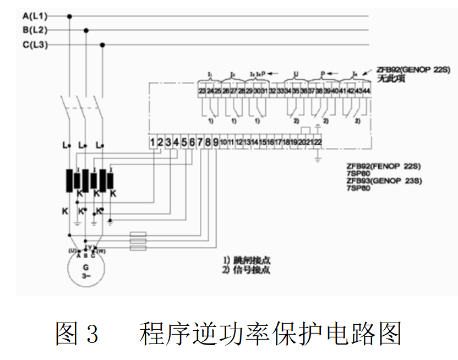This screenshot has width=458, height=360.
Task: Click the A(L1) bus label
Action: pos(34,17)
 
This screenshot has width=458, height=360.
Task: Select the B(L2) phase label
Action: pos(35,30)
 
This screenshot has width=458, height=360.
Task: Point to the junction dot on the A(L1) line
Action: pos(69,17)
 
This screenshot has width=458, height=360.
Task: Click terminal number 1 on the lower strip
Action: pos(152,142)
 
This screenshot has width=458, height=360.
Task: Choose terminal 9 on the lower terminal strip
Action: pos(216,142)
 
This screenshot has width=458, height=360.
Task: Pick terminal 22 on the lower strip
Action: pos(318,142)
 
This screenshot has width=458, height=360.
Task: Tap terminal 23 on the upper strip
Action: pos(202,90)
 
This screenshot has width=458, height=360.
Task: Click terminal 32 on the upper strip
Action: pos(272,90)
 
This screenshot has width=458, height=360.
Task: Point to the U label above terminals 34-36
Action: pos(296,73)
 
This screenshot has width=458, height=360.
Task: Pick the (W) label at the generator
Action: pos(101,251)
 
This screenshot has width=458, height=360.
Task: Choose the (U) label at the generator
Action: pos(72,251)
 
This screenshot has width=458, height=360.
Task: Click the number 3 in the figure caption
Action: pos(91,334)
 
